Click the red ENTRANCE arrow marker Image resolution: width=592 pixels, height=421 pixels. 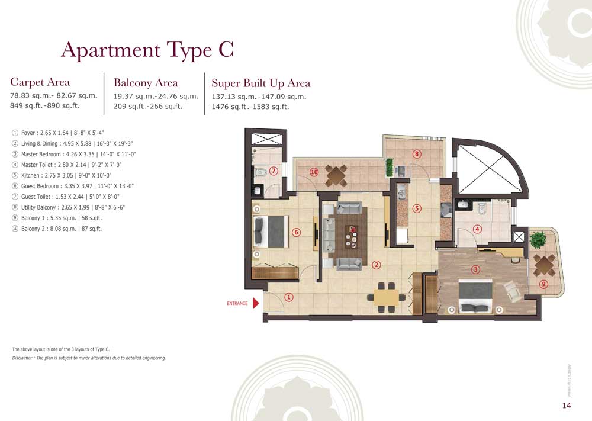(x=256, y=303)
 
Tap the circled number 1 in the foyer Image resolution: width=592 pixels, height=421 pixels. (x=289, y=297)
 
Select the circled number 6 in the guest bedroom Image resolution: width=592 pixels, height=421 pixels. (x=297, y=232)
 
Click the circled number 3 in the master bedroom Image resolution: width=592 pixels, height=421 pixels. (x=475, y=269)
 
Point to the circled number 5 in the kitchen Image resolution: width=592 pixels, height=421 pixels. (x=417, y=208)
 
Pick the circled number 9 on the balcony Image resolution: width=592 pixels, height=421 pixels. (x=543, y=285)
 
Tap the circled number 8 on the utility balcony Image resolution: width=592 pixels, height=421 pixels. (x=417, y=154)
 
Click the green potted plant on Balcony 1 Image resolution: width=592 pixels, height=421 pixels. (x=538, y=240)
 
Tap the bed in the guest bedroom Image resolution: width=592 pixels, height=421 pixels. (x=270, y=231)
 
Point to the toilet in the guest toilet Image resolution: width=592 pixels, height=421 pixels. (x=260, y=173)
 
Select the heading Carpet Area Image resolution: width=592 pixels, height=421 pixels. (x=40, y=82)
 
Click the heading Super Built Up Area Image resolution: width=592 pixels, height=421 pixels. (x=260, y=83)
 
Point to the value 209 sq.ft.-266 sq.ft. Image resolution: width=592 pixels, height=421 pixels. (x=147, y=107)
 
